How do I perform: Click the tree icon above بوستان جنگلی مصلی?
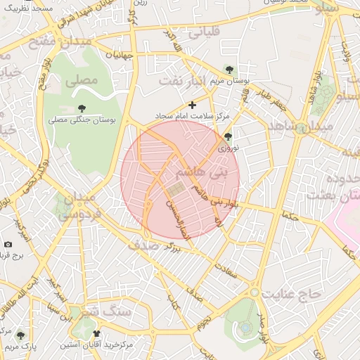pos(82,108)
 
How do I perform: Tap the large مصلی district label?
pos(82,81)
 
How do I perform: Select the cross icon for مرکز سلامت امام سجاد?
pos(192,105)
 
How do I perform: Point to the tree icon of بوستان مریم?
pos(230,68)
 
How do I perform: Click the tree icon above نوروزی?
pos(227,137)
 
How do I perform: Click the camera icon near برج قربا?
pos(8,244)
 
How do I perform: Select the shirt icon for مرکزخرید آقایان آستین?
pos(96,334)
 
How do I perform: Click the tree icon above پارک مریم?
pos(21,335)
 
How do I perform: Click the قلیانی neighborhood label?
pos(202,32)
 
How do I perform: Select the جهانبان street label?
pos(120,54)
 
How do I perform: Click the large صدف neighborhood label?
pos(143,245)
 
